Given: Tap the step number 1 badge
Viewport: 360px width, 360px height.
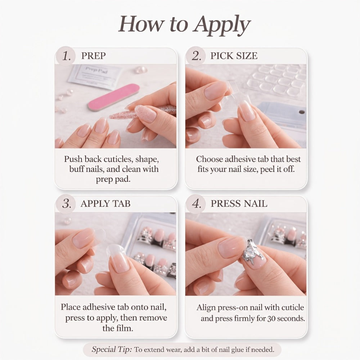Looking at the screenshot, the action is click(66, 56).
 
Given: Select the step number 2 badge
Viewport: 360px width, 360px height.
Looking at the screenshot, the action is click(196, 56).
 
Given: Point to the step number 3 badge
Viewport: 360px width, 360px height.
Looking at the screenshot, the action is click(66, 204).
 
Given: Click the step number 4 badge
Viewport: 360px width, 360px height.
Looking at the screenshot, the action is click(196, 204).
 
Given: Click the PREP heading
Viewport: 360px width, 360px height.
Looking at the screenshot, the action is click(94, 56).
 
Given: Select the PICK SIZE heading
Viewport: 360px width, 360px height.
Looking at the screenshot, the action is click(234, 56).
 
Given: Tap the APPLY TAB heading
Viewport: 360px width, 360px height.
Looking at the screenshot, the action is click(105, 204).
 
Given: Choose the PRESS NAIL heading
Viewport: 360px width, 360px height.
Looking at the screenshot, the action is click(239, 204).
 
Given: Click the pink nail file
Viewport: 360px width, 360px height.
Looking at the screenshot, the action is click(114, 97).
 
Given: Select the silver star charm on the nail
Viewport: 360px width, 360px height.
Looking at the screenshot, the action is click(252, 253).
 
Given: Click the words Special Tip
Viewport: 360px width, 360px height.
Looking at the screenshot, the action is click(112, 350).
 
